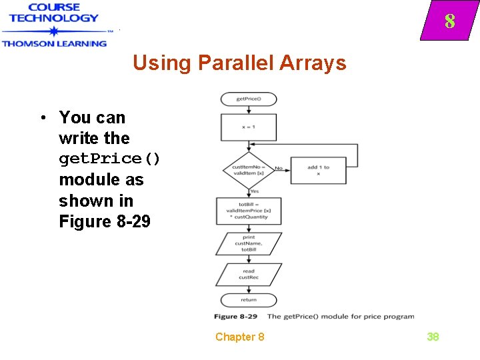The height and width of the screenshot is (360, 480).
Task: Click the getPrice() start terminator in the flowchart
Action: pyautogui.click(x=249, y=99)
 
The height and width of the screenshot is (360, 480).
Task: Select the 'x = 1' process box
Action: pyautogui.click(x=249, y=127)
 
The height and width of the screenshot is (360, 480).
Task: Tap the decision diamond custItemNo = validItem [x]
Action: pyautogui.click(x=249, y=170)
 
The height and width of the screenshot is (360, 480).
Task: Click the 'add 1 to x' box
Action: pyautogui.click(x=318, y=170)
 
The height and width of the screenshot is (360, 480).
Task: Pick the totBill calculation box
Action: pyautogui.click(x=249, y=211)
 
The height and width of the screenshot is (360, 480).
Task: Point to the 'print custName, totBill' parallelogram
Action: pyautogui.click(x=249, y=243)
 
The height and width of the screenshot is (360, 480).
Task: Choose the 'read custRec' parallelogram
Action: pyautogui.click(x=249, y=275)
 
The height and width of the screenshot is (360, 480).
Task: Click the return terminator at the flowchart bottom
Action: pyautogui.click(x=249, y=299)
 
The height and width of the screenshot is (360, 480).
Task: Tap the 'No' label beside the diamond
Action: pyautogui.click(x=279, y=168)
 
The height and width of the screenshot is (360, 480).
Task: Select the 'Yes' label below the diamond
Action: pyautogui.click(x=254, y=191)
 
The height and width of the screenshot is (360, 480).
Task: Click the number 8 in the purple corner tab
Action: pyautogui.click(x=450, y=22)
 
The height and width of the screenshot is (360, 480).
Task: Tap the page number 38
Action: pyautogui.click(x=433, y=337)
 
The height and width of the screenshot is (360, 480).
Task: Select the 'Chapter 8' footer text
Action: pyautogui.click(x=239, y=337)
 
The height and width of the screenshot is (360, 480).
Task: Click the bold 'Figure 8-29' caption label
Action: pyautogui.click(x=237, y=316)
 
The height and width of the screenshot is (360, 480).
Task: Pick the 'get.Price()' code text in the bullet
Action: pyautogui.click(x=110, y=159)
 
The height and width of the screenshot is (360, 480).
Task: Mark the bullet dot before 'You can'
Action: pyautogui.click(x=42, y=118)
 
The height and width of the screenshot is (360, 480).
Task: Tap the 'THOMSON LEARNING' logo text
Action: pyautogui.click(x=54, y=43)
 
